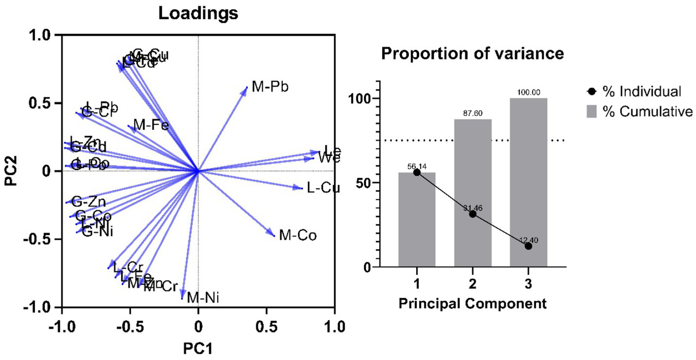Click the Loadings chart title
198,13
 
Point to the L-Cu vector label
323,188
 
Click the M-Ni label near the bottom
203,297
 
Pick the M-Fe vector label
151,126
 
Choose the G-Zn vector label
89,202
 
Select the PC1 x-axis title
198,348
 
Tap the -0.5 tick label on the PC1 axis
129,324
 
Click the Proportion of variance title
472,54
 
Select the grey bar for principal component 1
417,219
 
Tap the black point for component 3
528,246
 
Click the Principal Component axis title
472,305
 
